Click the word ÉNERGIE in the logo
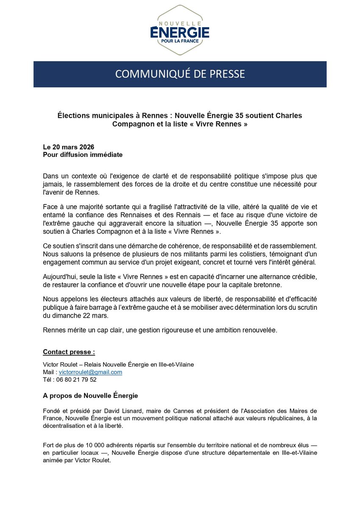click(180, 32)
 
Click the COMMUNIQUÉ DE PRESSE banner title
click(180, 74)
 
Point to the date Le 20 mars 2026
click(68, 147)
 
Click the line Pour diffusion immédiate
click(83, 154)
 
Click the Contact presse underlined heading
click(69, 352)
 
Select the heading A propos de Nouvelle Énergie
click(90, 395)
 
